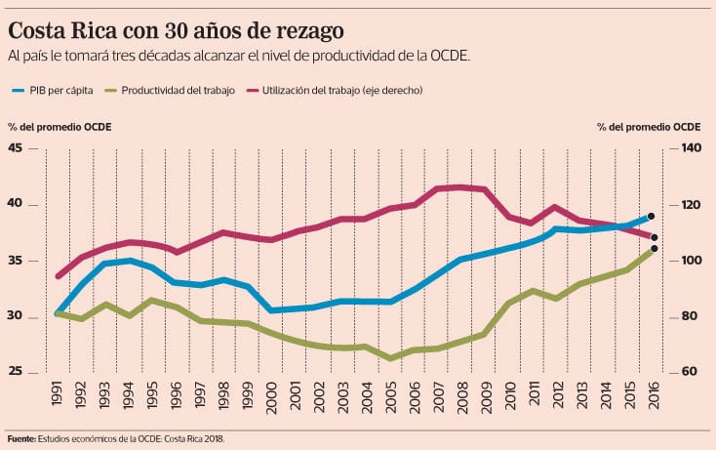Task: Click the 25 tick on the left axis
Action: point(15,372)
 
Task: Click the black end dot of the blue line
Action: point(651,216)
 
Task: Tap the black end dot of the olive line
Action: point(654,249)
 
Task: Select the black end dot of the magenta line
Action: point(655,237)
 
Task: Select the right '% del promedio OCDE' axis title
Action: point(648,127)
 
